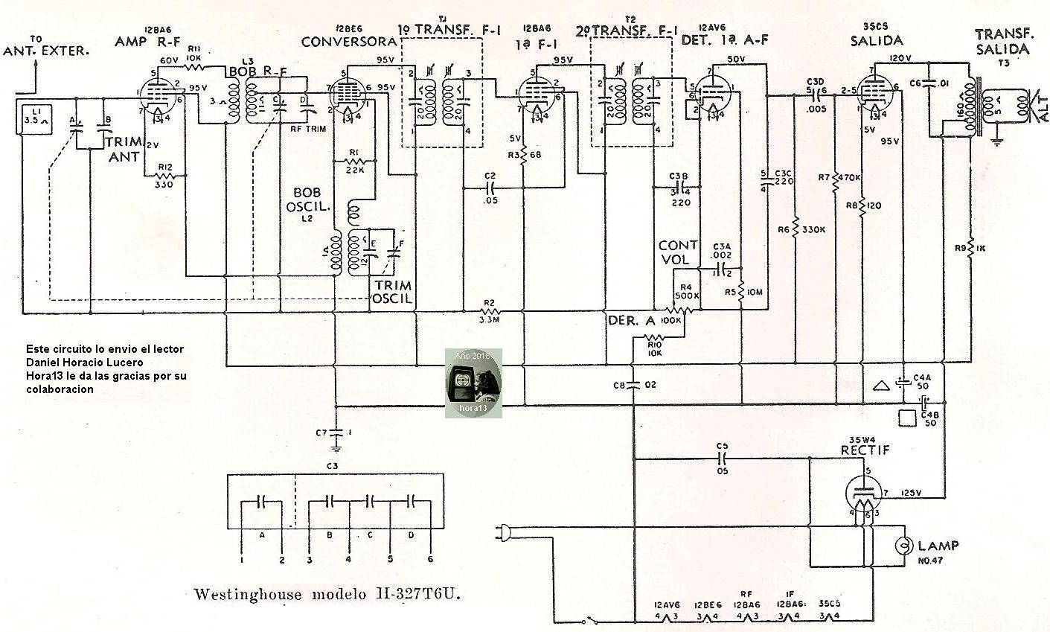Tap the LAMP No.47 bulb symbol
906,546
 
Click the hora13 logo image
473,383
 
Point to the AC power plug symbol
502,532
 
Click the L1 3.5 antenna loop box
33,118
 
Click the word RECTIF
865,450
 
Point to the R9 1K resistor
972,247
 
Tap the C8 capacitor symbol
633,385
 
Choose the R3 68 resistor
524,155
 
